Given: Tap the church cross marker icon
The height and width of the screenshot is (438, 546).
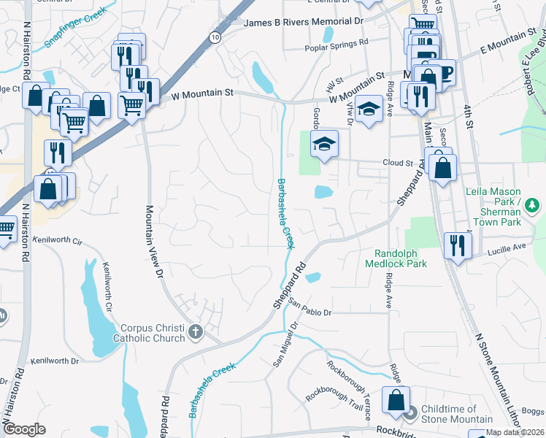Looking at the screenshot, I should [195, 333].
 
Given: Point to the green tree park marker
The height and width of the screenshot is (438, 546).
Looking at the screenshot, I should [532, 204].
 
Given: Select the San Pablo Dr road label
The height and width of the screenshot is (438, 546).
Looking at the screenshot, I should [310, 307].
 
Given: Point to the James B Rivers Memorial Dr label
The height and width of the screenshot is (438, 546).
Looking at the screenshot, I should [303, 23].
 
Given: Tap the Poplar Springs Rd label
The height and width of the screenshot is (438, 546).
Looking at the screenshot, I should [337, 49].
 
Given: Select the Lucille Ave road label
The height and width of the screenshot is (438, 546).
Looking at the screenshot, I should [507, 248].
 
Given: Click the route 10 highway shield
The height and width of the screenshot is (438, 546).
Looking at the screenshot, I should [213, 36].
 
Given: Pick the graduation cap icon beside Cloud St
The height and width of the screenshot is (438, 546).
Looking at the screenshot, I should [324, 143].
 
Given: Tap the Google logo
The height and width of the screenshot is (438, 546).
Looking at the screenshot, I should [24, 429].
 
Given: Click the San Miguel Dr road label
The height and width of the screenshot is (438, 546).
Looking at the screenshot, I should [285, 345].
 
